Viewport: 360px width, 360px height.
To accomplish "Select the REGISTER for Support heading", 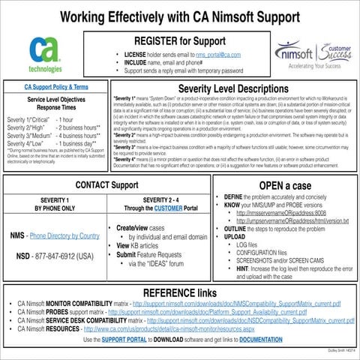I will (x=179, y=40).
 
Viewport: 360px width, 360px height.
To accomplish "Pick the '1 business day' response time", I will (x=76, y=142).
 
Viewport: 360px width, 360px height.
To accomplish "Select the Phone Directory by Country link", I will (x=64, y=236).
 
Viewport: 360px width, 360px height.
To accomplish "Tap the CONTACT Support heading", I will (x=108, y=184).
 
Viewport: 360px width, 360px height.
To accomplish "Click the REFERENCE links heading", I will (x=179, y=292).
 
